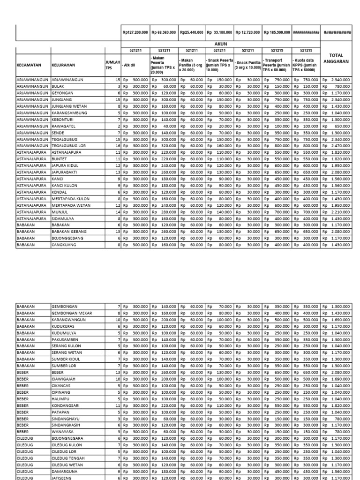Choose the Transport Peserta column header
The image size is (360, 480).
click(277, 65)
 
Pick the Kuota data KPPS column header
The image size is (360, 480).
click(306, 65)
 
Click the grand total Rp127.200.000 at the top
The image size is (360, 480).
click(135, 33)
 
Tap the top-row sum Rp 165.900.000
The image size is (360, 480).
click(277, 33)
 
